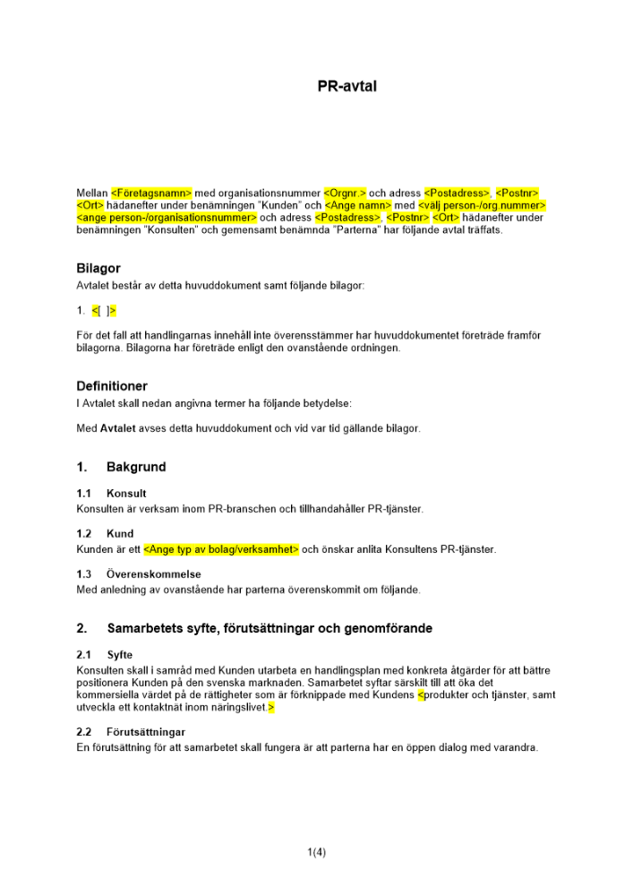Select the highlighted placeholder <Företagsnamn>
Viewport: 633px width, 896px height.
tap(152, 193)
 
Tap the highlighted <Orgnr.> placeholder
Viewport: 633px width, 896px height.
tap(345, 193)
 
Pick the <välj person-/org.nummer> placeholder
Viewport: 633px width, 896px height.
tap(482, 205)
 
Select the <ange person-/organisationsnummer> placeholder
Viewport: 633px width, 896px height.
tap(167, 218)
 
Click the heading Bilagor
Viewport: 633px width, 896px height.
tap(98, 268)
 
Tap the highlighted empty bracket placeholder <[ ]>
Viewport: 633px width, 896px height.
tap(104, 311)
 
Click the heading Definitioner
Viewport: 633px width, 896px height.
tap(112, 386)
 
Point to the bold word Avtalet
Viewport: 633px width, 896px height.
tap(118, 428)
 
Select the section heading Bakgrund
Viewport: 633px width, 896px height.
tap(136, 467)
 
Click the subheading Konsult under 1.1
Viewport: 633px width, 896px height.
tap(126, 494)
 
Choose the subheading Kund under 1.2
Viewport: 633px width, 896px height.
tap(120, 534)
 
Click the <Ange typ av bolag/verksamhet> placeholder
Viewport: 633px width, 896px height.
tap(221, 549)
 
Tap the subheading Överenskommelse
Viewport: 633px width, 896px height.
tap(153, 574)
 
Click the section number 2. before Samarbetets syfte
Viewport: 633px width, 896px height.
tap(81, 628)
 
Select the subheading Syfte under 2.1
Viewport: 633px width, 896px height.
tap(119, 655)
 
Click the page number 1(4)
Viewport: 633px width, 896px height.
tap(316, 852)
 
